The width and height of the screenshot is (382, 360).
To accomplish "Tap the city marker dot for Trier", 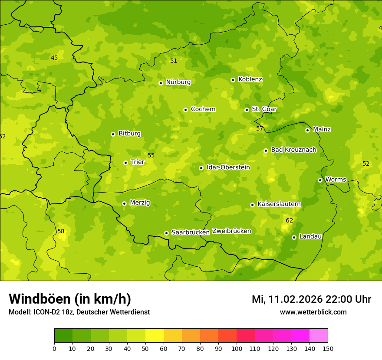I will (x=125, y=163).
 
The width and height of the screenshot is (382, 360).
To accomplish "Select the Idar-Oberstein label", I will (x=228, y=167).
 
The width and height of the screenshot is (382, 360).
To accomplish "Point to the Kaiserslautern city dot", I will (x=252, y=205).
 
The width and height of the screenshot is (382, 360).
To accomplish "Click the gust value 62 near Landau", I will (x=290, y=220).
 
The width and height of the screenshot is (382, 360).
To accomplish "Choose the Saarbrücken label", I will (x=191, y=232).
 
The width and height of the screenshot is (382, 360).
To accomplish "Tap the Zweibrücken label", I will (x=231, y=231).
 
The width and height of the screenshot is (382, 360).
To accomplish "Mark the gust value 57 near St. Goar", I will (x=260, y=128).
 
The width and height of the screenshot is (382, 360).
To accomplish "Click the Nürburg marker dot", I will (x=161, y=82).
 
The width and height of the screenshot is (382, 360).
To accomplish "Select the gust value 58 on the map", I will (x=61, y=231).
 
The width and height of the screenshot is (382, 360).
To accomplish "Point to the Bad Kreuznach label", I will (x=293, y=150).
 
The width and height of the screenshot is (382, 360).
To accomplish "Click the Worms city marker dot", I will (x=320, y=180).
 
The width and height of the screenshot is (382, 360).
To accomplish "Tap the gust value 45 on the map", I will (x=54, y=58).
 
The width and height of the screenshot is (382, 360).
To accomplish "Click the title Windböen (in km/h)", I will (x=70, y=299).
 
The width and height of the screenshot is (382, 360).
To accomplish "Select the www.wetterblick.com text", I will (x=313, y=312).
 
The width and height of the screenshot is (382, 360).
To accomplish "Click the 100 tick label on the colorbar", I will (x=237, y=348).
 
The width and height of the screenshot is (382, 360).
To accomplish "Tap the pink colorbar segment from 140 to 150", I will (x=319, y=336).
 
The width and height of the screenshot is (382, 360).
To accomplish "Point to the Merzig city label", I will (x=140, y=203).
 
